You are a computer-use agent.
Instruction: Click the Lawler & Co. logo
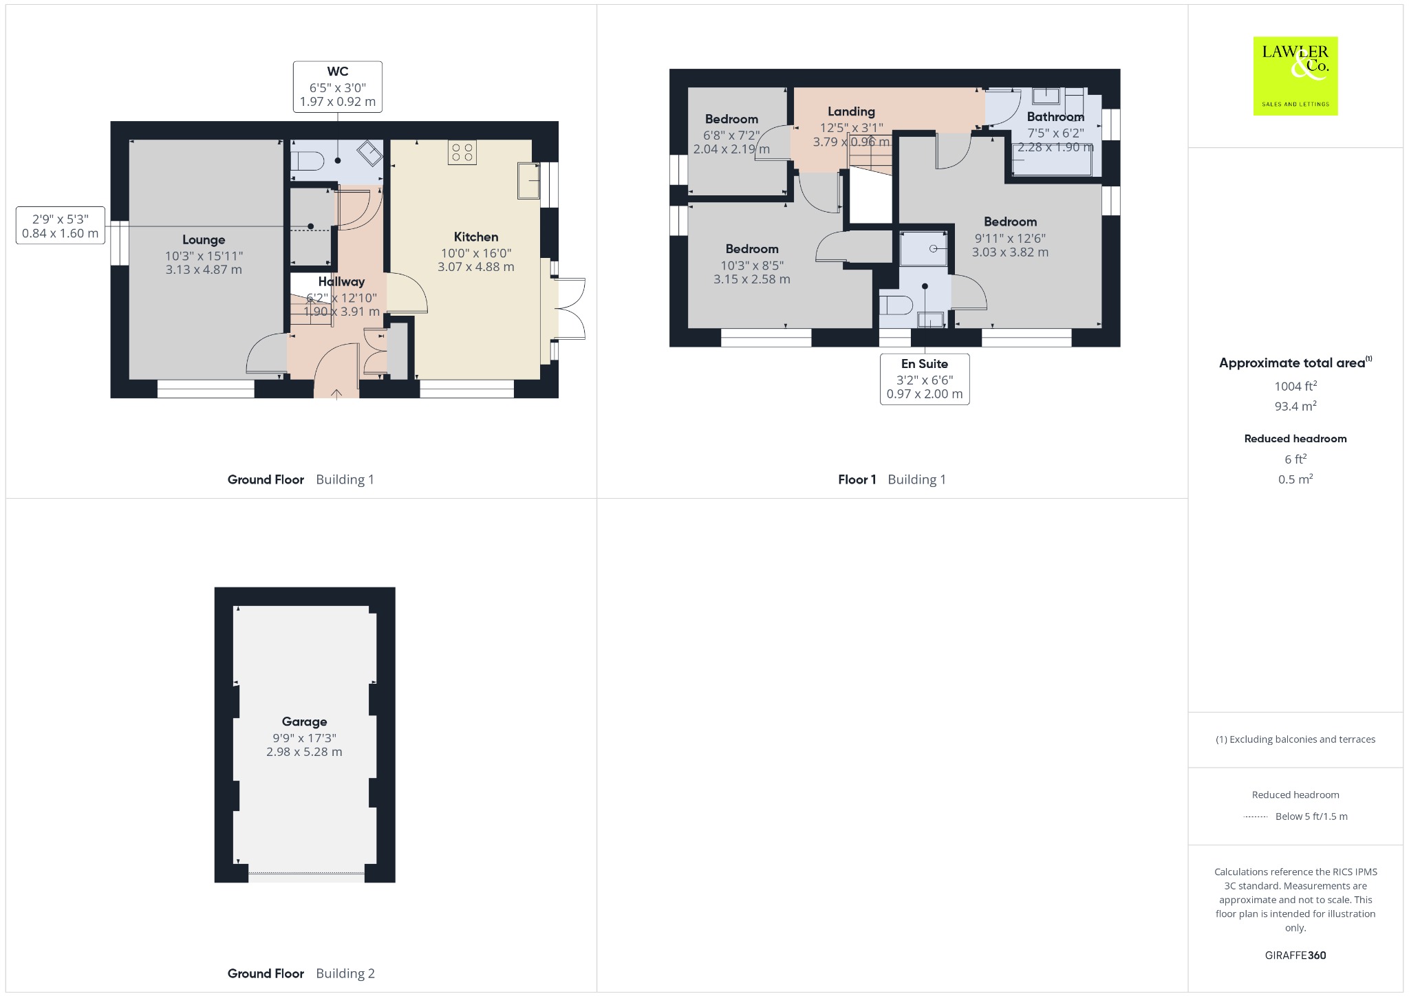pyautogui.click(x=1295, y=76)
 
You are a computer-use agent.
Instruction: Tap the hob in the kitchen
pyautogui.click(x=462, y=153)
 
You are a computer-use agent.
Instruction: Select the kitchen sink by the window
pyautogui.click(x=529, y=180)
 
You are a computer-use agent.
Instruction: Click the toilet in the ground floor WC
pyautogui.click(x=307, y=162)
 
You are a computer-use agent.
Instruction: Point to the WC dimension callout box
pyautogui.click(x=338, y=87)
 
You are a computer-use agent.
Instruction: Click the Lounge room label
pyautogui.click(x=204, y=239)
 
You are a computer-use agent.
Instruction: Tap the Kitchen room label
pyautogui.click(x=476, y=237)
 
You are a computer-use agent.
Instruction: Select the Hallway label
pyautogui.click(x=341, y=281)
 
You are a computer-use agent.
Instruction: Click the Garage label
pyautogui.click(x=304, y=722)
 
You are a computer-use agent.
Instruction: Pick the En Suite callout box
pyautogui.click(x=925, y=379)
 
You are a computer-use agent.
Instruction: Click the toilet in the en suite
pyautogui.click(x=896, y=304)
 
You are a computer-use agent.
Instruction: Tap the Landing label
pyautogui.click(x=851, y=111)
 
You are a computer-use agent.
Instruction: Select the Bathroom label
pyautogui.click(x=1055, y=117)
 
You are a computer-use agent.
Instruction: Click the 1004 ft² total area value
pyautogui.click(x=1295, y=386)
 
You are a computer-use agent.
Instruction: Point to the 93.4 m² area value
pyautogui.click(x=1295, y=406)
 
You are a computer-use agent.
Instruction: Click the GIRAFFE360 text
pyautogui.click(x=1295, y=955)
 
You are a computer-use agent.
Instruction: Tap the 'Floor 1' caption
pyautogui.click(x=857, y=479)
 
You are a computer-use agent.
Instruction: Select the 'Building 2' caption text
pyautogui.click(x=345, y=973)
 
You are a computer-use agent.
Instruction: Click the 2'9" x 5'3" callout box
pyautogui.click(x=61, y=226)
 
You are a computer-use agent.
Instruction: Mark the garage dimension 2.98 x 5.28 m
pyautogui.click(x=304, y=752)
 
